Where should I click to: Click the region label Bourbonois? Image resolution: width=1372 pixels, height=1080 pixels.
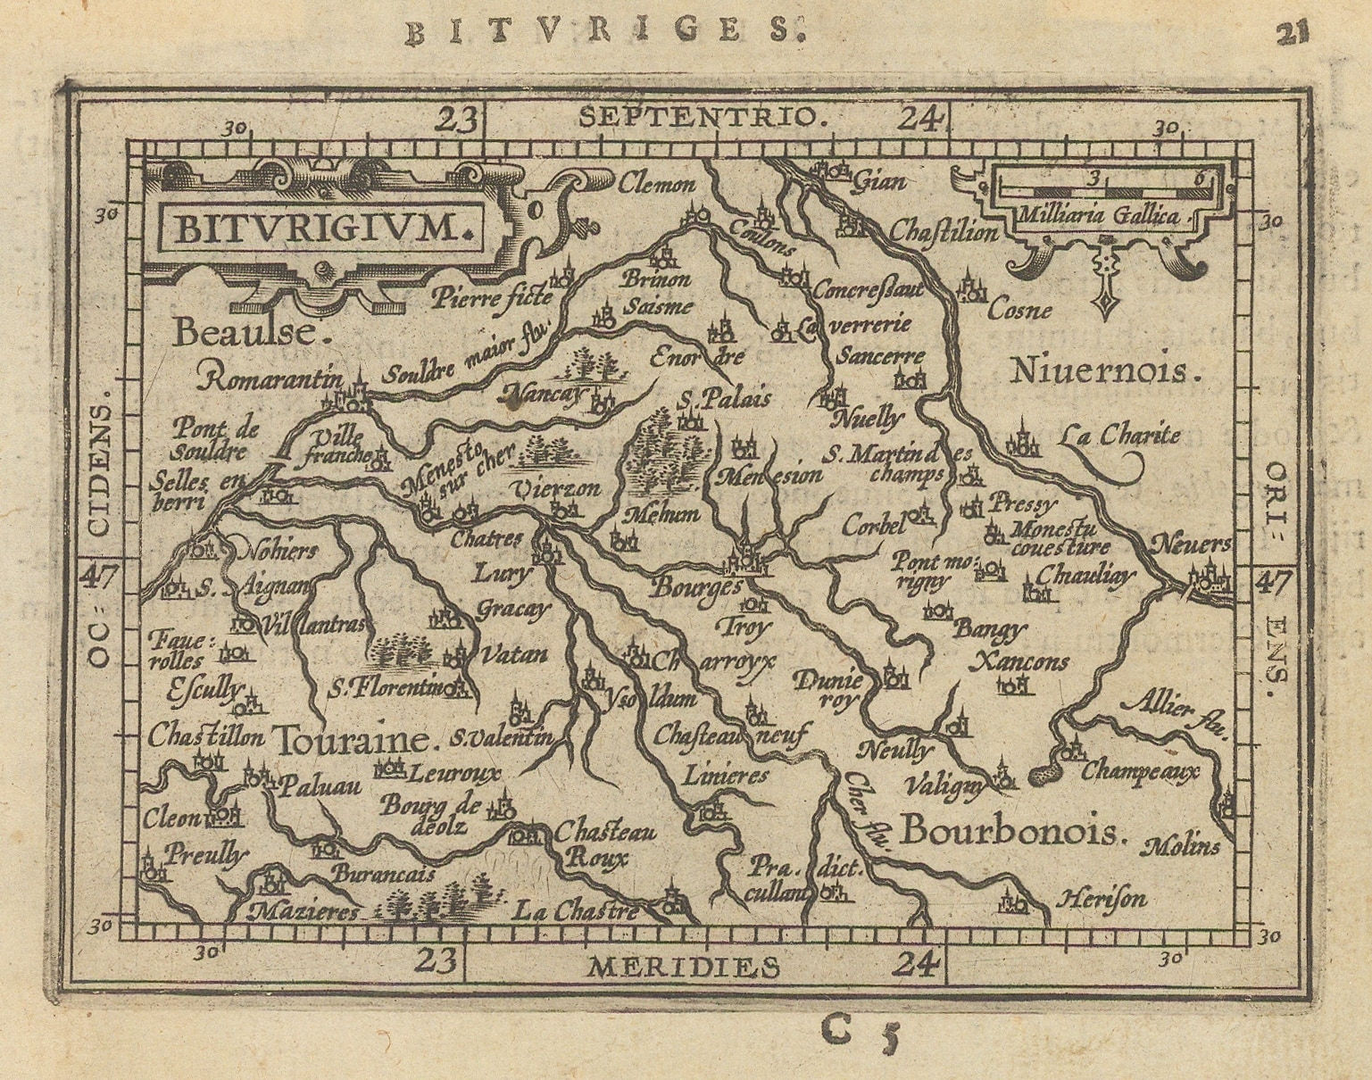click(x=1009, y=831)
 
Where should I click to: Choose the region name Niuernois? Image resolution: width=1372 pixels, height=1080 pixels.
click(x=1102, y=370)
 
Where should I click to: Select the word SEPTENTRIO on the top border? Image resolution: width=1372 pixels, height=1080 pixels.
click(x=698, y=117)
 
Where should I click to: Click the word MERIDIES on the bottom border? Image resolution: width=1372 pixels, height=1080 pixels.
click(x=684, y=966)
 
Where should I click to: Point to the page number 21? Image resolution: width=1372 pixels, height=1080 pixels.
click(x=1292, y=33)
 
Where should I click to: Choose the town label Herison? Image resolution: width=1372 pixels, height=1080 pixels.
click(x=1101, y=899)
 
